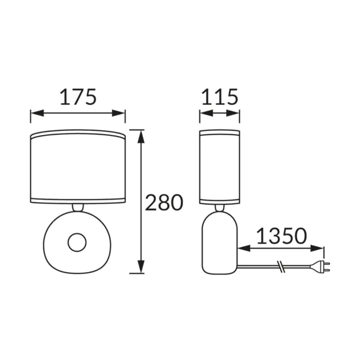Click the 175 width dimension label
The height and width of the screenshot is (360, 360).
click(78, 97)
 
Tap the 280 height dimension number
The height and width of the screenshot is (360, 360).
click(164, 203)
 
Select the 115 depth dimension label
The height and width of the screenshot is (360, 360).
click(220, 97)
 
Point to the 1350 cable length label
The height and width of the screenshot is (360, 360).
click(281, 236)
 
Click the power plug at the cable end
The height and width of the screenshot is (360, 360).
click(320, 266)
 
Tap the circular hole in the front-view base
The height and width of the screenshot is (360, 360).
click(77, 242)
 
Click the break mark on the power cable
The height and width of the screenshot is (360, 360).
click(281, 266)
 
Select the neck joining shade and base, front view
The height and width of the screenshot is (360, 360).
click(78, 207)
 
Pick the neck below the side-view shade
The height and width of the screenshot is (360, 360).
click(220, 208)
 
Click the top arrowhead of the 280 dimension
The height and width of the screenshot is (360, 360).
click(141, 137)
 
